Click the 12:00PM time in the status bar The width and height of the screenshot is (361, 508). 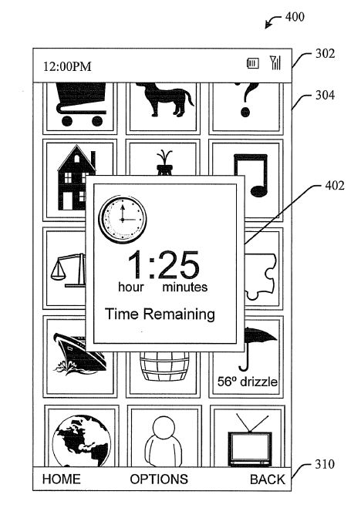tap(67, 66)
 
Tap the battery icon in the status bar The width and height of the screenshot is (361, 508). tap(253, 63)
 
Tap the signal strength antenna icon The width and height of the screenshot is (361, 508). tap(275, 62)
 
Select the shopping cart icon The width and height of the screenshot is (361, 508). tap(81, 104)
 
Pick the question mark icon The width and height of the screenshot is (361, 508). tap(247, 99)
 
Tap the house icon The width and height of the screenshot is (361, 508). tap(76, 177)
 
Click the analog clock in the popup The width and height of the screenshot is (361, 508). tap(123, 220)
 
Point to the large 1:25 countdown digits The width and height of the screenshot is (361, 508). tap(163, 264)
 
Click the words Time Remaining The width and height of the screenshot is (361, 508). tap(160, 315)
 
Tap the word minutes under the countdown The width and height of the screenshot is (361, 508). tap(184, 287)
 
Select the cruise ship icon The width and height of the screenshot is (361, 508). tap(80, 354)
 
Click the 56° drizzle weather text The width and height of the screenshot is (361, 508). tap(248, 382)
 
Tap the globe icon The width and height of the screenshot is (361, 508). tap(82, 441)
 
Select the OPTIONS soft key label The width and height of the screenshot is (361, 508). tap(159, 479)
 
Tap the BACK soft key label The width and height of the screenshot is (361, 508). tap(268, 479)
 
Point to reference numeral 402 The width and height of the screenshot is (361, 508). tap(335, 186)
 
